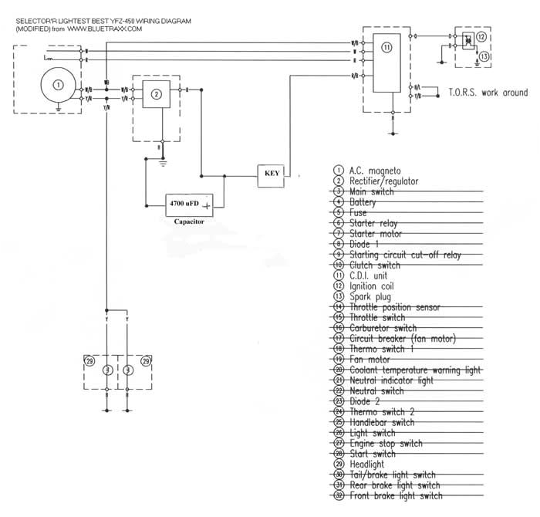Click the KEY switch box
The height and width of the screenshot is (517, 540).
(x=272, y=174)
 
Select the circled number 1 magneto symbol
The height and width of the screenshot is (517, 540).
(x=58, y=84)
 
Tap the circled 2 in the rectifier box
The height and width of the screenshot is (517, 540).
(x=156, y=94)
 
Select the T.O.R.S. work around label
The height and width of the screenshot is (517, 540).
(x=488, y=93)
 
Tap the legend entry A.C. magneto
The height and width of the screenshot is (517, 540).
(x=375, y=170)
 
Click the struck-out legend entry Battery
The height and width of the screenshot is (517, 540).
(x=363, y=202)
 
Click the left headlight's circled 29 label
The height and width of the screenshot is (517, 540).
(x=91, y=360)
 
